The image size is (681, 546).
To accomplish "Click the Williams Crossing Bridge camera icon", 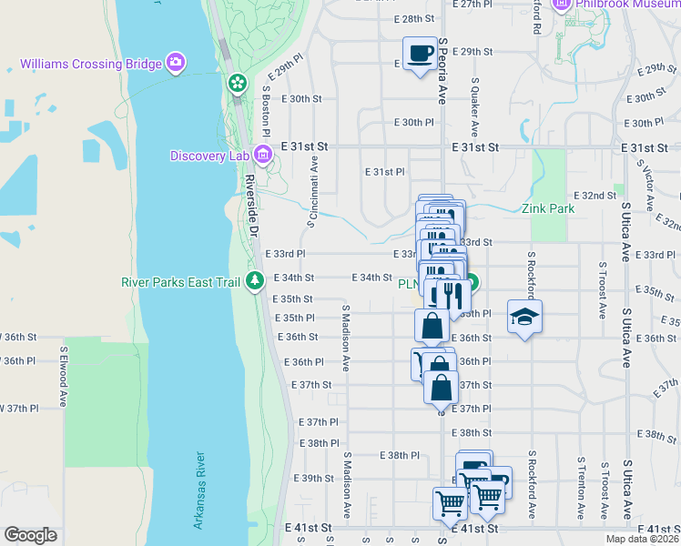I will click(x=176, y=64).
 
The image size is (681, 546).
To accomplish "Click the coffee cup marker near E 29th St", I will click(x=419, y=53).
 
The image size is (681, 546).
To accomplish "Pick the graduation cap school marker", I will click(x=524, y=317).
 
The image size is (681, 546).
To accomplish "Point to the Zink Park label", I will click(x=548, y=208).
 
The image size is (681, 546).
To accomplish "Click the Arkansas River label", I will click(x=200, y=491).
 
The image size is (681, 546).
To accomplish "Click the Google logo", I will click(x=30, y=535).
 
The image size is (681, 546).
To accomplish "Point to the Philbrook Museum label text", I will click(x=628, y=5).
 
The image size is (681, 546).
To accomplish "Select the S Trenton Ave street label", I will click(x=582, y=492).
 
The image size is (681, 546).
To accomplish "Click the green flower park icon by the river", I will click(x=237, y=84).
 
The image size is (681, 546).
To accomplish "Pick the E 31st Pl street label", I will click(x=384, y=171).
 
